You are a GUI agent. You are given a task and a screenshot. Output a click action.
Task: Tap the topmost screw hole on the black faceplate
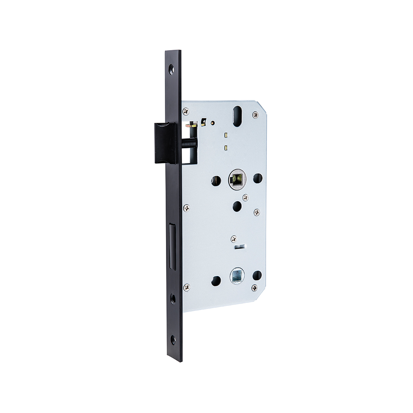tap(171, 69)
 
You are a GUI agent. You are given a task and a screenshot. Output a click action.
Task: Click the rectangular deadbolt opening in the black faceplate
tap(172, 247)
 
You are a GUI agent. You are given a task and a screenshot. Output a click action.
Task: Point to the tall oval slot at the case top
tap(237, 116)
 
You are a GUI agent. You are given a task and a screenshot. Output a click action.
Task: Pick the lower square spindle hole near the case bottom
tap(237, 276)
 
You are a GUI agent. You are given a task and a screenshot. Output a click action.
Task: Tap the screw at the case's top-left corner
tap(186, 111)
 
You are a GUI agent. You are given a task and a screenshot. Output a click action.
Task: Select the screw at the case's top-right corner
tap(255, 114)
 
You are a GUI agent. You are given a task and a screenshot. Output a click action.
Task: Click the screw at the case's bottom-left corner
tap(187, 287)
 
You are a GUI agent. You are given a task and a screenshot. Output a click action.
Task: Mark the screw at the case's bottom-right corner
tap(255, 288)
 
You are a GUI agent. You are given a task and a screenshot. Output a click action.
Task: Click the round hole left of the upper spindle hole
tap(216, 180)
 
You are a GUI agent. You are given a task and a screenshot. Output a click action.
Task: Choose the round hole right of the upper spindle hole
tap(258, 178)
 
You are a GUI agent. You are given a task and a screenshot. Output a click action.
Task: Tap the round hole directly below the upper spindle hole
tap(237, 206)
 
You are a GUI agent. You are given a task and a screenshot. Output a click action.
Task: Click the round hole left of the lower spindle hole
tap(216, 281)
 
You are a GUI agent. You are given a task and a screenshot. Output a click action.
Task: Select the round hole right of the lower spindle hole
tap(257, 275)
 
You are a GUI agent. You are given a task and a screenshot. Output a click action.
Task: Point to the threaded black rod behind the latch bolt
tap(189, 144)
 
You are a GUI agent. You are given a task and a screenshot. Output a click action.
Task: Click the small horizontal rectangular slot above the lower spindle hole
tap(241, 247)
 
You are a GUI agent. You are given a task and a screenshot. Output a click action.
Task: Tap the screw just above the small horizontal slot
tap(234, 239)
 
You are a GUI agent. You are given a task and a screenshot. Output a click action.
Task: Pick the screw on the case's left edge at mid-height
tap(186, 208)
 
